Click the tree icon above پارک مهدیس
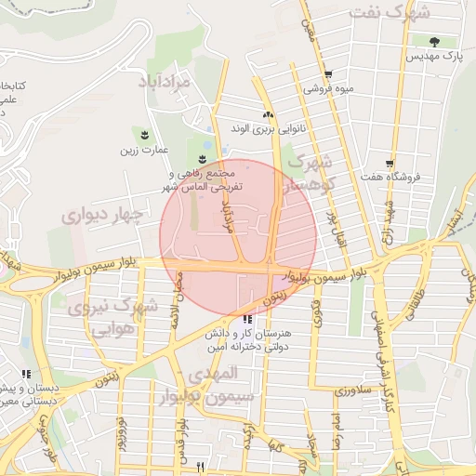click(435, 41)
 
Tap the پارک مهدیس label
click(433, 56)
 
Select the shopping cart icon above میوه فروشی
click(328, 75)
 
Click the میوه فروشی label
click(328, 89)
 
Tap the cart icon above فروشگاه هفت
click(389, 163)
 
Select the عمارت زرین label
click(146, 148)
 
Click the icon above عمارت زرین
click(144, 134)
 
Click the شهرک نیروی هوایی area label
click(104, 317)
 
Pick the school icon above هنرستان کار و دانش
click(246, 319)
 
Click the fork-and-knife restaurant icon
click(200, 466)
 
